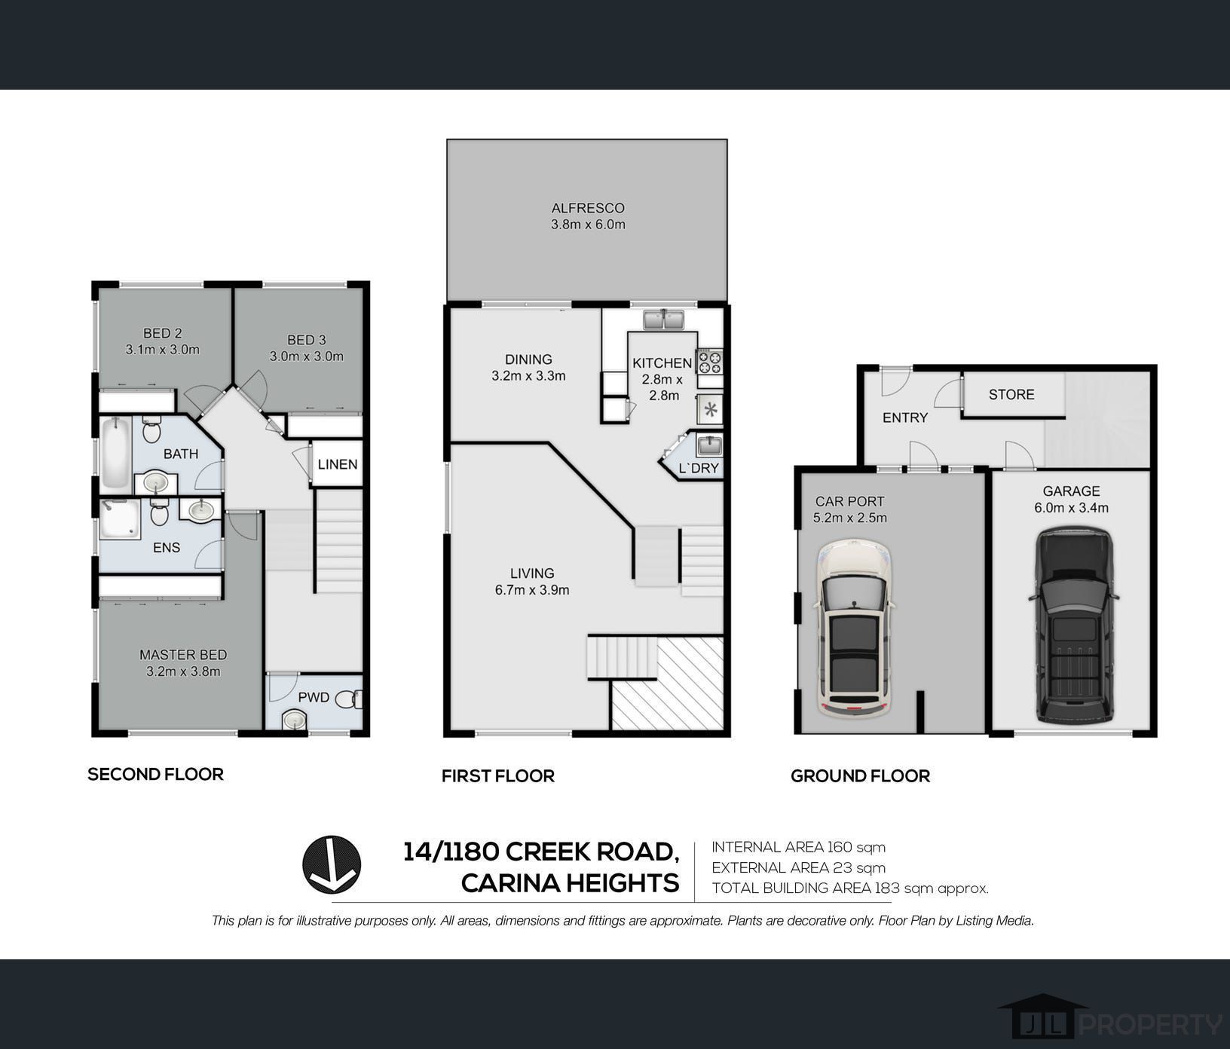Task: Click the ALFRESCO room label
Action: [588, 208]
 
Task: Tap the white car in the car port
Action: [853, 628]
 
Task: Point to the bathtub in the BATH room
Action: [116, 453]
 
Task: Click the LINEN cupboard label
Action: [338, 464]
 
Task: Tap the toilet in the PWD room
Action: [349, 700]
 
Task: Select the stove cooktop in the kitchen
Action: [709, 362]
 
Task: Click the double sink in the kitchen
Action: [663, 320]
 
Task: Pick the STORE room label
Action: [1011, 394]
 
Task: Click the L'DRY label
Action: [699, 469]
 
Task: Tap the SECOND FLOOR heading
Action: [155, 774]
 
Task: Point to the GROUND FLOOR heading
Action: [860, 775]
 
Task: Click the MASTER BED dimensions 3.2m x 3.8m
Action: [183, 671]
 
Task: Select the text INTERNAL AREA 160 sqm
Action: [799, 847]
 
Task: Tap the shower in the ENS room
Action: [120, 520]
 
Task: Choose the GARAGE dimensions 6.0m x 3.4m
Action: [1071, 508]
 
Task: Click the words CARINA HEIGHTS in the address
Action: [570, 882]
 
